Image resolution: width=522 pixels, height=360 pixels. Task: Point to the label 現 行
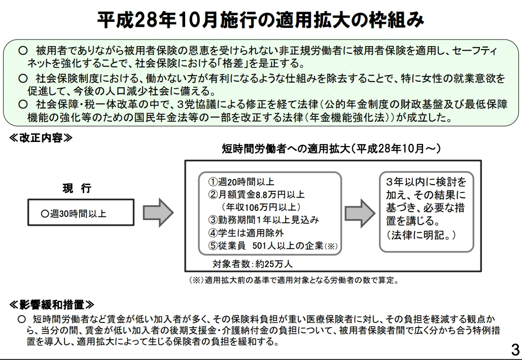(x=77, y=189)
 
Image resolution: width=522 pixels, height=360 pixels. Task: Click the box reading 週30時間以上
(x=81, y=213)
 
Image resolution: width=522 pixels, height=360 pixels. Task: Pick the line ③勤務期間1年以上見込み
(x=264, y=220)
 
